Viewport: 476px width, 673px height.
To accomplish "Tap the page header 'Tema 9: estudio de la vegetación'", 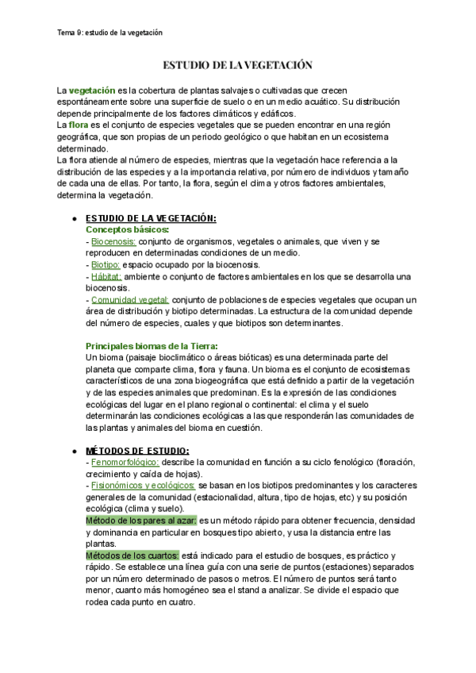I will pos(110,33).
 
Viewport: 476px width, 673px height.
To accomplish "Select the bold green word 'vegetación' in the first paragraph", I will pos(92,91).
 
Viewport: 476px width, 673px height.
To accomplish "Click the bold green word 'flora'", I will pos(79,125).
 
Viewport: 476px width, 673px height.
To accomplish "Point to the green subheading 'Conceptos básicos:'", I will pos(127,229).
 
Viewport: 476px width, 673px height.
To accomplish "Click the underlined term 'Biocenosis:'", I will pos(113,241).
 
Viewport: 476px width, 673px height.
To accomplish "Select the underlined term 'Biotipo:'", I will pos(106,264).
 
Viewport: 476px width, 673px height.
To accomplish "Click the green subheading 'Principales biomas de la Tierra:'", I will pos(151,346).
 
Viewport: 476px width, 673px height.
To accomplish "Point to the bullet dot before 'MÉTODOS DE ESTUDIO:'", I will pos(73,451).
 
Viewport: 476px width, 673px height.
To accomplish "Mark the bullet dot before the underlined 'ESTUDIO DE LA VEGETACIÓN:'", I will pos(73,218).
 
